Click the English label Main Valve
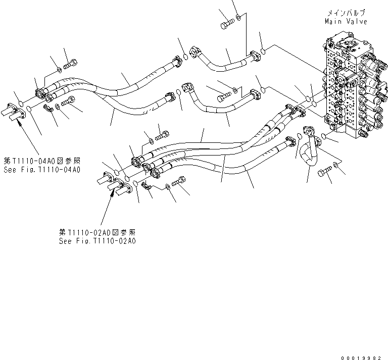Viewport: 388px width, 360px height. click(x=346, y=21)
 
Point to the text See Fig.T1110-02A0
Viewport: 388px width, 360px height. click(x=97, y=241)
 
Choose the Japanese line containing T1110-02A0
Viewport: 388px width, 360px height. click(x=97, y=232)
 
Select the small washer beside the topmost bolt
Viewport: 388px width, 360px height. click(x=238, y=18)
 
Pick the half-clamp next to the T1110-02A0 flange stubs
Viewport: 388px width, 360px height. click(x=147, y=188)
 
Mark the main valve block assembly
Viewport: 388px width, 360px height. click(x=349, y=86)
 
